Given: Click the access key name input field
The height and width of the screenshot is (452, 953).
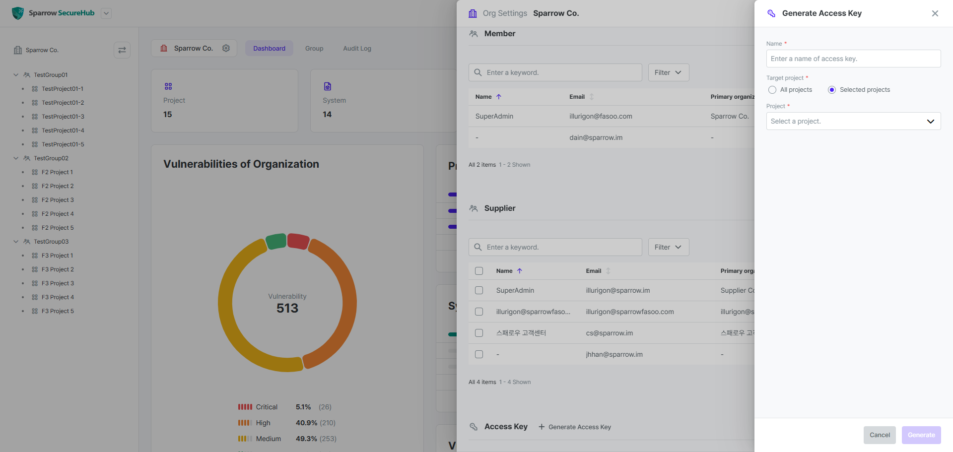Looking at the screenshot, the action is (x=853, y=59).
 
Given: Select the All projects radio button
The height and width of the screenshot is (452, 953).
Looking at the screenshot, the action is (x=772, y=90).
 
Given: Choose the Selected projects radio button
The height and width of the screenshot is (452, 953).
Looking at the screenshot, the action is (x=832, y=90).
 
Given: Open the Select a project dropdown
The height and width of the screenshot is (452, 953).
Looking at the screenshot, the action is (x=853, y=121).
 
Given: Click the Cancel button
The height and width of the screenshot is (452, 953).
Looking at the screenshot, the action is (x=880, y=435).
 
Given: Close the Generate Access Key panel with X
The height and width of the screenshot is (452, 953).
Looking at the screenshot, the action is (x=935, y=13).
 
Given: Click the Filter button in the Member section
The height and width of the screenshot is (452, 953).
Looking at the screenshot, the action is (x=669, y=72).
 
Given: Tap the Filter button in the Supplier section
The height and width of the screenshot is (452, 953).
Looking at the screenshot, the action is (x=669, y=247).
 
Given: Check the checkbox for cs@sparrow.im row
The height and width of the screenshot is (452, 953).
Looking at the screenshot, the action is (x=479, y=333).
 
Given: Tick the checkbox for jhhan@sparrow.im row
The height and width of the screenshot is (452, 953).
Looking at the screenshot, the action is (x=479, y=354).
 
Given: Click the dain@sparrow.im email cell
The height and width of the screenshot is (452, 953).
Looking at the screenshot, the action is (x=596, y=137).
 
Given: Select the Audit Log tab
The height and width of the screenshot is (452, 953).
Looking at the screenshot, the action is (x=357, y=49).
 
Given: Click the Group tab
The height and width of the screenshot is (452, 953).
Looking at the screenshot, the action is (x=314, y=49).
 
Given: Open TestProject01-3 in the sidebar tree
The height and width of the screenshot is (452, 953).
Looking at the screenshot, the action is (x=63, y=117).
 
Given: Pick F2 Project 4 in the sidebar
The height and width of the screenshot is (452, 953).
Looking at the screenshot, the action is (x=58, y=214).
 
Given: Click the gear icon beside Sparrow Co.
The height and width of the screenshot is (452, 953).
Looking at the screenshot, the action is (x=226, y=48).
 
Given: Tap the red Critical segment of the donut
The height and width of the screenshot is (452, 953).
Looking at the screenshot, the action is (x=298, y=241).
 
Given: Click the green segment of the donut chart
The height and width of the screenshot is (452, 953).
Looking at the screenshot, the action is (x=276, y=242).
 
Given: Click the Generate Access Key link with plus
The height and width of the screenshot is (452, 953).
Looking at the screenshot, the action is (x=575, y=427).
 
